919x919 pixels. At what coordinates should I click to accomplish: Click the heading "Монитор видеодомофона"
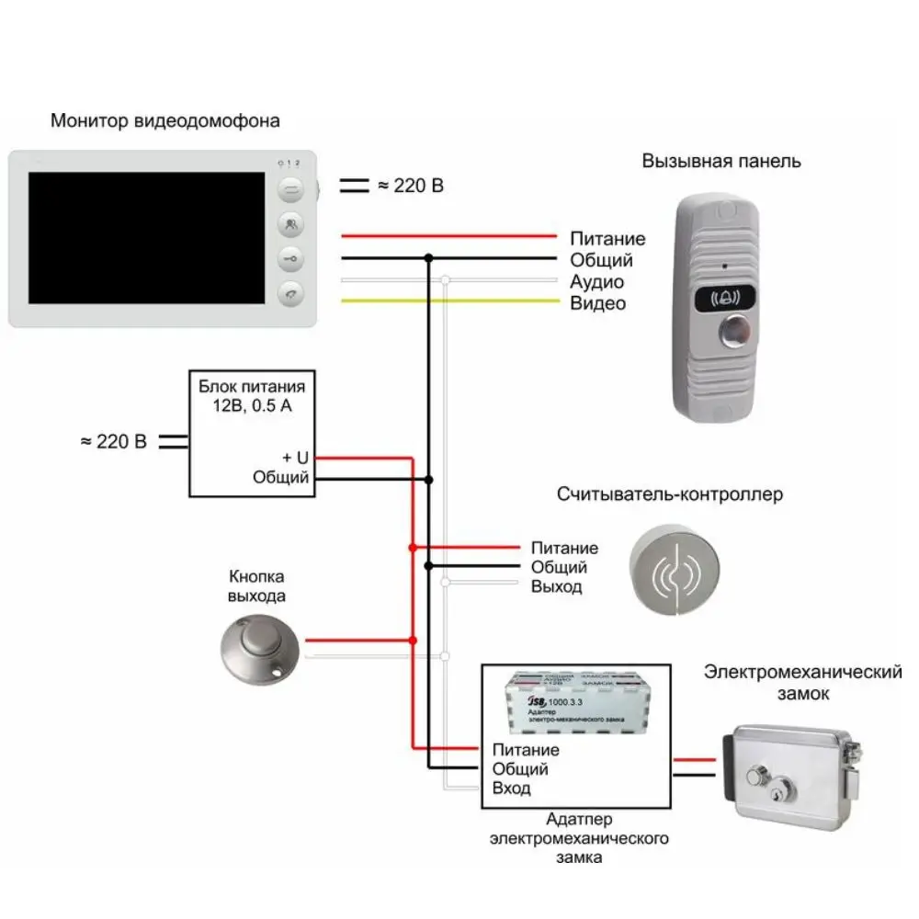(x=165, y=120)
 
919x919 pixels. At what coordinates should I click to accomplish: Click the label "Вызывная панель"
(x=721, y=161)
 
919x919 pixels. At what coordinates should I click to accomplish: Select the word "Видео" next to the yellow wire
(x=597, y=303)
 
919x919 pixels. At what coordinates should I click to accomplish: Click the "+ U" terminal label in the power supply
(x=296, y=457)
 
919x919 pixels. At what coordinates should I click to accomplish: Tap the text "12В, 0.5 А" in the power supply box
(x=245, y=407)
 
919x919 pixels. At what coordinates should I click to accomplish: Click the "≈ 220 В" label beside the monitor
(x=410, y=186)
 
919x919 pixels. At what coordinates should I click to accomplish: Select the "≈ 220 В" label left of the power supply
(x=113, y=441)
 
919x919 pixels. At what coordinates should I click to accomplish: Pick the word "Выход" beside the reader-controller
(x=556, y=586)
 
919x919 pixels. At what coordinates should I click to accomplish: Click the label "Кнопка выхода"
(x=256, y=586)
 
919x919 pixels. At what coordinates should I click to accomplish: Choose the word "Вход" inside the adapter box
(x=511, y=789)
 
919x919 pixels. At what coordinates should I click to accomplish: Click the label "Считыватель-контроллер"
(x=670, y=494)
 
